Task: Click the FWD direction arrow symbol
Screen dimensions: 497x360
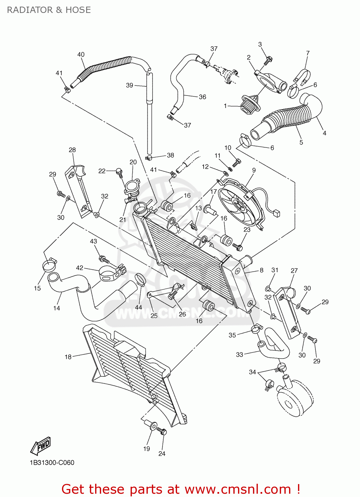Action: [41, 446]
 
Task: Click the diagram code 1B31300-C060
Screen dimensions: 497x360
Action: [52, 463]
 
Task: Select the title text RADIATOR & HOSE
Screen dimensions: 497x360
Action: [49, 10]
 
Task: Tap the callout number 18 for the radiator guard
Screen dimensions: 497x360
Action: [68, 357]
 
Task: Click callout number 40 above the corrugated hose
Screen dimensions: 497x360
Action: [81, 55]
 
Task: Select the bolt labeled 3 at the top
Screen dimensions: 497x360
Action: [268, 61]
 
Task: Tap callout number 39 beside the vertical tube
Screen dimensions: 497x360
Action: [130, 85]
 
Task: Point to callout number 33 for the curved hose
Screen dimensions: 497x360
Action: [239, 355]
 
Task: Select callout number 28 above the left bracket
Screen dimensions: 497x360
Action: [72, 150]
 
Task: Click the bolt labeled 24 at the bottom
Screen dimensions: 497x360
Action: [162, 432]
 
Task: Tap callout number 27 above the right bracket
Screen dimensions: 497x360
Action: [294, 271]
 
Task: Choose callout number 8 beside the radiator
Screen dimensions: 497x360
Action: [262, 270]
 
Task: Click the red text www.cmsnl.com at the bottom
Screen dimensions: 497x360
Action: [237, 489]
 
